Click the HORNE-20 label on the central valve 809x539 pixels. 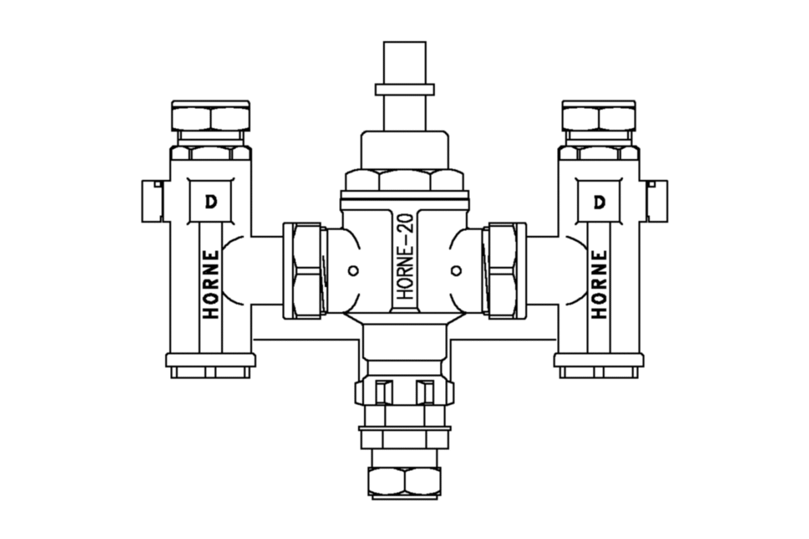point(407,257)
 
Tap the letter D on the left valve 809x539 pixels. point(211,202)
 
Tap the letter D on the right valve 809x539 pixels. point(599,202)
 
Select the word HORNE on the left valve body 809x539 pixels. point(212,284)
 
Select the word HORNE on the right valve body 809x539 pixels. point(599,284)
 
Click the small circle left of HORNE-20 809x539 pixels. point(353,270)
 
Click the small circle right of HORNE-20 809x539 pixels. point(456,270)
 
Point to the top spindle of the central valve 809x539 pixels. point(404,86)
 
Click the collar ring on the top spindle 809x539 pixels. point(404,90)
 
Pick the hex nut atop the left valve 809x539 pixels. point(211,117)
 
